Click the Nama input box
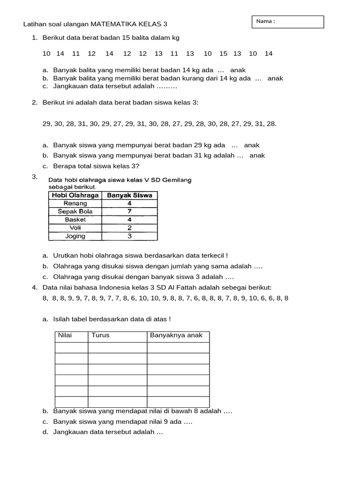point(287,22)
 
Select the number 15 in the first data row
point(223,53)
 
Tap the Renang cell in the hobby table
point(75,203)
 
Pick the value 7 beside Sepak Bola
point(129,211)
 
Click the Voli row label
point(75,228)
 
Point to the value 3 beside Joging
point(129,236)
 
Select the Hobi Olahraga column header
point(75,195)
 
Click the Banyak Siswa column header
point(129,195)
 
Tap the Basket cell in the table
point(75,219)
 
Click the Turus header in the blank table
point(100,335)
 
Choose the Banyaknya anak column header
point(176,335)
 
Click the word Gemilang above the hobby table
point(174,180)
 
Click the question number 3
point(34,177)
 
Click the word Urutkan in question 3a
point(66,255)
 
